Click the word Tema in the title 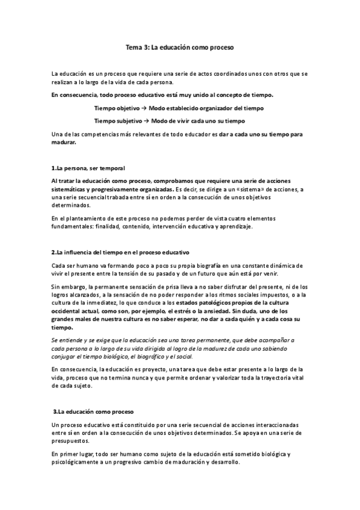[132, 46]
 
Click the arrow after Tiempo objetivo [144, 108]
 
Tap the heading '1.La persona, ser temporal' [88, 167]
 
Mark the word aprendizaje [238, 227]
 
